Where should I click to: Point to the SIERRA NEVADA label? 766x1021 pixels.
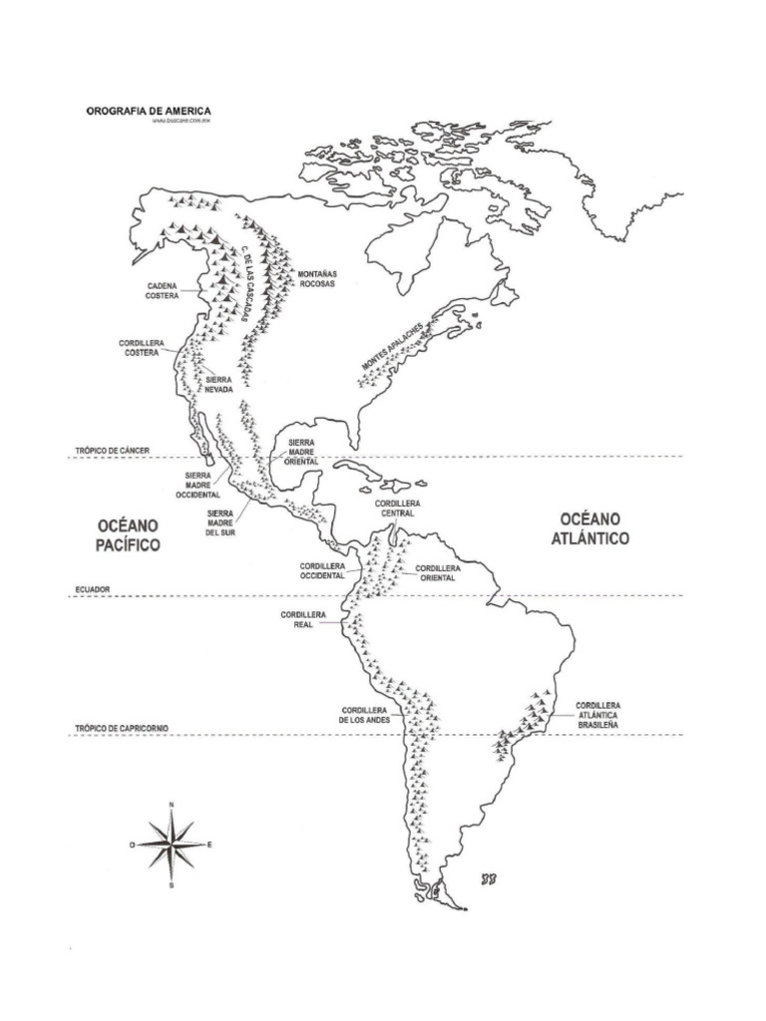pyautogui.click(x=218, y=385)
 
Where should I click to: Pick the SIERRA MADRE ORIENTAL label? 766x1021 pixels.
pyautogui.click(x=302, y=452)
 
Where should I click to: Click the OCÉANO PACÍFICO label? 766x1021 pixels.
pyautogui.click(x=129, y=534)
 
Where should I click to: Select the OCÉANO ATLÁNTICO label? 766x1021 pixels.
pyautogui.click(x=592, y=528)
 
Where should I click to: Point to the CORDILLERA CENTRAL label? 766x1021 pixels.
pyautogui.click(x=398, y=509)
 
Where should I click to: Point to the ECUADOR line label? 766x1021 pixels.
pyautogui.click(x=91, y=590)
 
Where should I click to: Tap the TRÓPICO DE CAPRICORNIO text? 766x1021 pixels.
pyautogui.click(x=121, y=729)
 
